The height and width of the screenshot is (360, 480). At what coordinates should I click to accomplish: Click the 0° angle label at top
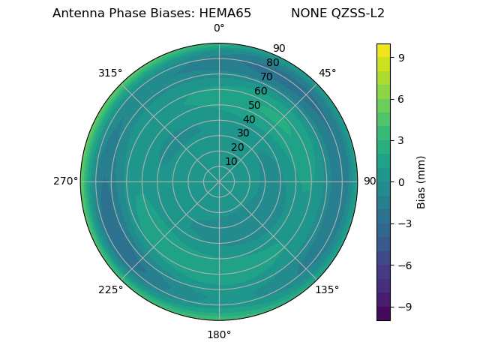(x=219, y=28)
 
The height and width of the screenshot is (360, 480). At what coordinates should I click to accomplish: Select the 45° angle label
(x=327, y=73)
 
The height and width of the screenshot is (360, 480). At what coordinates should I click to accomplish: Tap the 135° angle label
(x=327, y=289)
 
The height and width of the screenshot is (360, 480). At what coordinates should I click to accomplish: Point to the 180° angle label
(x=219, y=334)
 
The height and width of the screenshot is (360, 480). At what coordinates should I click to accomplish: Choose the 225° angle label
(x=110, y=289)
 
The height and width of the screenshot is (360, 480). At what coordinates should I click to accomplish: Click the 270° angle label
(x=65, y=181)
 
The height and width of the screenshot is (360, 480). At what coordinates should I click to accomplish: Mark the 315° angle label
(x=110, y=73)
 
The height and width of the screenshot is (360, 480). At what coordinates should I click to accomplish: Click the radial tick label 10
(x=231, y=161)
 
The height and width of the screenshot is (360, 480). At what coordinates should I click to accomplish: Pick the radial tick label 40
(x=249, y=119)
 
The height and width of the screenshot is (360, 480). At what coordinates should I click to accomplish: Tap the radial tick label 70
(x=266, y=76)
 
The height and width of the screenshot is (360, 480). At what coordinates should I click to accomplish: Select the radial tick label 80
(x=272, y=63)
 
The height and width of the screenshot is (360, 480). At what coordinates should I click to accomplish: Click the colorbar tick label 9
(x=400, y=56)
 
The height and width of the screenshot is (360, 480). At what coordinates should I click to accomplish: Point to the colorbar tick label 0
(x=400, y=181)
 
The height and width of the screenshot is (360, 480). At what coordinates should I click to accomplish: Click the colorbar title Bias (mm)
(x=421, y=181)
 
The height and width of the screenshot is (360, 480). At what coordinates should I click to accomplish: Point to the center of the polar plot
(x=219, y=181)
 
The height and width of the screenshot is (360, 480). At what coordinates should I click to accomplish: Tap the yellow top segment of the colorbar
(x=383, y=50)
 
